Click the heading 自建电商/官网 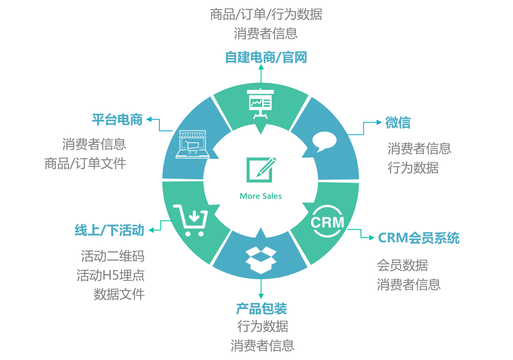[266, 58]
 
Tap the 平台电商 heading [117, 120]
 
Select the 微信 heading [398, 122]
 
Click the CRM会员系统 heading [419, 238]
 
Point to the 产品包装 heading [261, 308]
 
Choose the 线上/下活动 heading [109, 230]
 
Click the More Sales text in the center [261, 196]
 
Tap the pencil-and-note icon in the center [261, 170]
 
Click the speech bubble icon [324, 141]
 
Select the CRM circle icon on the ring [327, 222]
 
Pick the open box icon [261, 260]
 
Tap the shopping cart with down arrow [191, 220]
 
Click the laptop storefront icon [193, 144]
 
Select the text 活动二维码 [112, 256]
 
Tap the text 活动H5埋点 [111, 275]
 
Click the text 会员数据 [402, 265]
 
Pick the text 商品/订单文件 [85, 163]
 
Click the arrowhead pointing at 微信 [379, 122]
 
